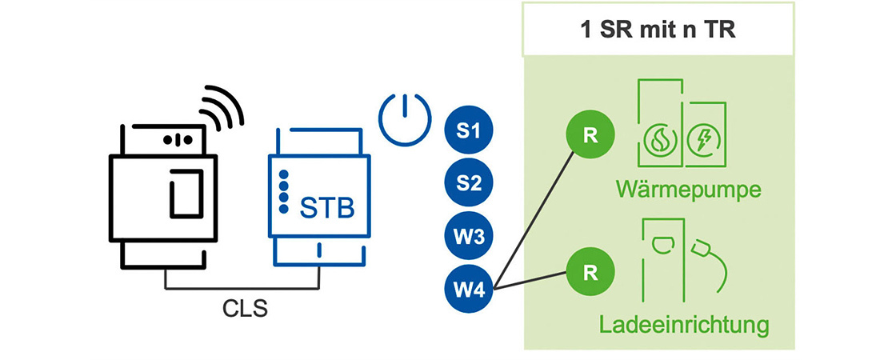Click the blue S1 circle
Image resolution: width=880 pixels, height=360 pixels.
[469, 130]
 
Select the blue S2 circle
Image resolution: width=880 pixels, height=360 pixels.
[469, 184]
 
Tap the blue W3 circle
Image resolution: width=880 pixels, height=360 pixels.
[469, 238]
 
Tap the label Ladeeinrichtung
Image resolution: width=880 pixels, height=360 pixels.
[684, 325]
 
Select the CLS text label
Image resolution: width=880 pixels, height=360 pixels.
[244, 309]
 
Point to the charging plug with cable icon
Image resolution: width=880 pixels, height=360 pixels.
[712, 260]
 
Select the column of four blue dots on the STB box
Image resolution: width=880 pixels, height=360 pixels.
[283, 191]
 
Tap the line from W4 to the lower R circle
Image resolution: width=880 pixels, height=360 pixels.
[532, 280]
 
